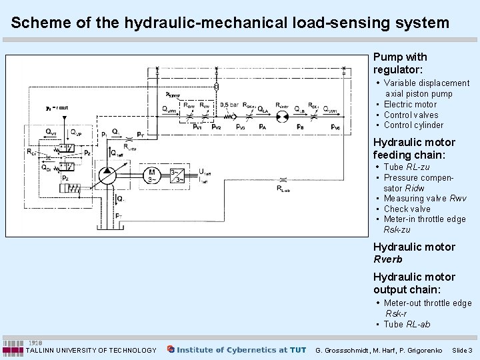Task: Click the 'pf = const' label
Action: [x=57, y=107]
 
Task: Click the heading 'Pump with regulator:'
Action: [x=400, y=63]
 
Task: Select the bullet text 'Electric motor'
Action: [x=410, y=104]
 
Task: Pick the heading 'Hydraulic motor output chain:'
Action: [x=414, y=283]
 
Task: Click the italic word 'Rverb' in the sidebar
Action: [x=387, y=259]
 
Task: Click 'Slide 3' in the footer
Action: [x=461, y=350]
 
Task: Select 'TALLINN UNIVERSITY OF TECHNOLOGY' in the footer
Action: [x=91, y=350]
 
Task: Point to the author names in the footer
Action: [x=379, y=350]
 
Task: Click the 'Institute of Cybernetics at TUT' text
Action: [x=241, y=349]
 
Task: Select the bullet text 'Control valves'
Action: [x=411, y=115]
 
